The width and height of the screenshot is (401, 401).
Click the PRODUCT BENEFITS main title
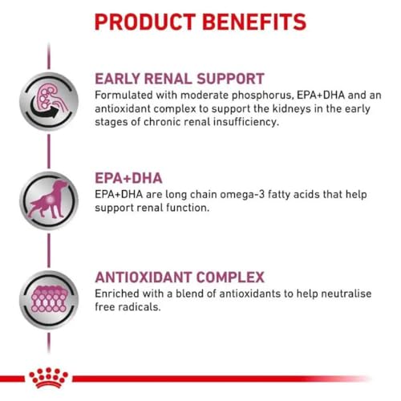[x=200, y=21]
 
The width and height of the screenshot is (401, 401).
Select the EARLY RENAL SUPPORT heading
[x=180, y=79]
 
